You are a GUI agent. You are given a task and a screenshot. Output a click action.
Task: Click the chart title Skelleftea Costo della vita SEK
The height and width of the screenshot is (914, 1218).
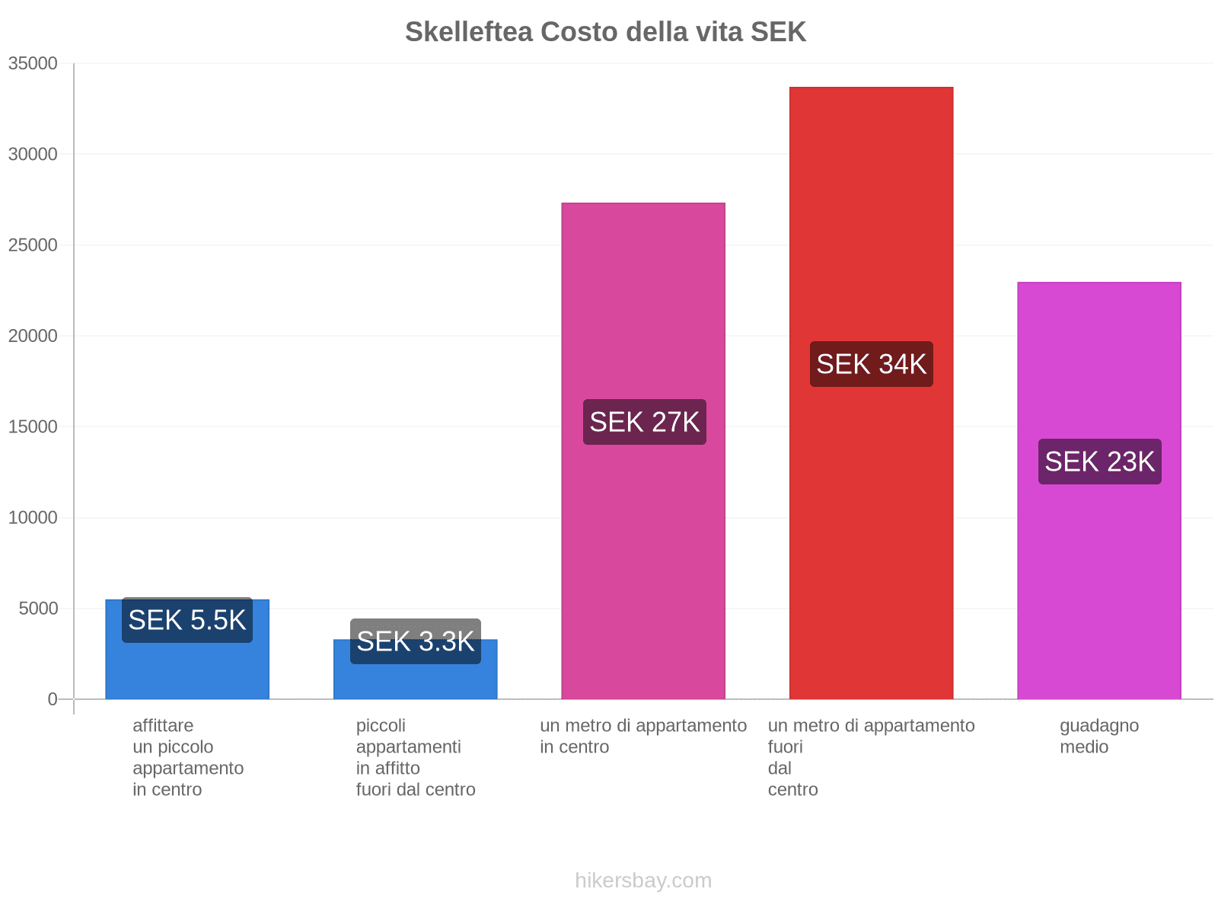605,32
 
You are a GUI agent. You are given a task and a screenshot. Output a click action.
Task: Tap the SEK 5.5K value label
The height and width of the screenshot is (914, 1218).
187,620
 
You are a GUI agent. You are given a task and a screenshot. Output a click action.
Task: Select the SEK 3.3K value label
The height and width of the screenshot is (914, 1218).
416,641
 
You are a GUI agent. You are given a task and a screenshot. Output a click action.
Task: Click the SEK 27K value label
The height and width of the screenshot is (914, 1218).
644,422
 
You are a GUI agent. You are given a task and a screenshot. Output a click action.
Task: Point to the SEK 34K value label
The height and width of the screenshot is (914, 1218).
871,364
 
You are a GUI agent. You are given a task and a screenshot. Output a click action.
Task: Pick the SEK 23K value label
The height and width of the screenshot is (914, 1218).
1099,462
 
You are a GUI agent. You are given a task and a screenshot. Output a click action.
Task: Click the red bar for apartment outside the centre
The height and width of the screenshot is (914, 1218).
871,228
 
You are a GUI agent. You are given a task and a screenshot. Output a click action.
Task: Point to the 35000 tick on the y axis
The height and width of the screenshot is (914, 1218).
33,64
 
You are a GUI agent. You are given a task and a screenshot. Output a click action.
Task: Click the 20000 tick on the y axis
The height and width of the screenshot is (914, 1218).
33,336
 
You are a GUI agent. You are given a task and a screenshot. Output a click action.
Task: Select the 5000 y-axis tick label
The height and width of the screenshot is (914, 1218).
37,609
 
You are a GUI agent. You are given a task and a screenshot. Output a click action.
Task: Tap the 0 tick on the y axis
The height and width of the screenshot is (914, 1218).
53,699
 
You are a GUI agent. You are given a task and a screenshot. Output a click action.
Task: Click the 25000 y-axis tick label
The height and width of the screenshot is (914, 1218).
33,245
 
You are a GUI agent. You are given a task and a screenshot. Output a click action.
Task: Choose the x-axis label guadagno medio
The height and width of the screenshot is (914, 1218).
1098,736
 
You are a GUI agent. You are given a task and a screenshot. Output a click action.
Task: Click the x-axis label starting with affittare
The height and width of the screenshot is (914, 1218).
187,757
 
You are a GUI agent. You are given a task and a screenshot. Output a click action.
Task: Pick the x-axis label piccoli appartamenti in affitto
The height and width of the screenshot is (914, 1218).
415,757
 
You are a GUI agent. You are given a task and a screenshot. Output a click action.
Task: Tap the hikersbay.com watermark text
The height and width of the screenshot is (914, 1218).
643,880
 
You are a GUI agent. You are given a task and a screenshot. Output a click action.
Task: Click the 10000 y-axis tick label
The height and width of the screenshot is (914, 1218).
33,518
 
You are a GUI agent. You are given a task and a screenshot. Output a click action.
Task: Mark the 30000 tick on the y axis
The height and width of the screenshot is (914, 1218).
33,155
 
